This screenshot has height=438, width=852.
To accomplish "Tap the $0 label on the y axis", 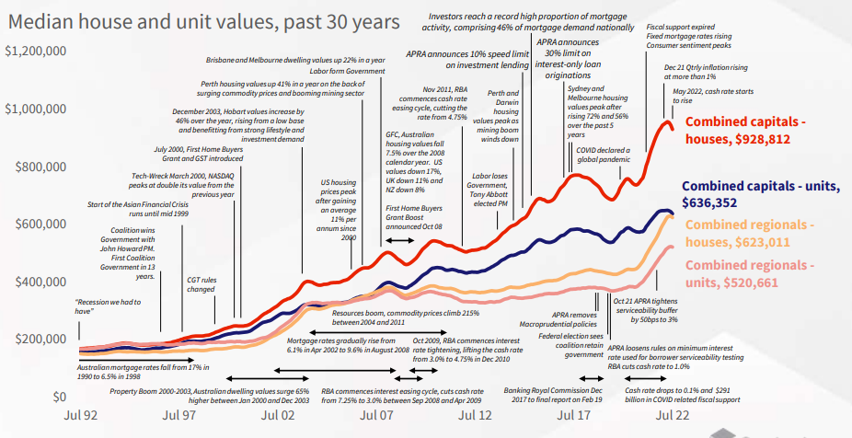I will (x=56, y=397).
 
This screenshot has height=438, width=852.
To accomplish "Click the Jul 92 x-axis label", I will (x=83, y=416).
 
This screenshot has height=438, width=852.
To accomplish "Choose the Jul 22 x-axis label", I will (x=673, y=416).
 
